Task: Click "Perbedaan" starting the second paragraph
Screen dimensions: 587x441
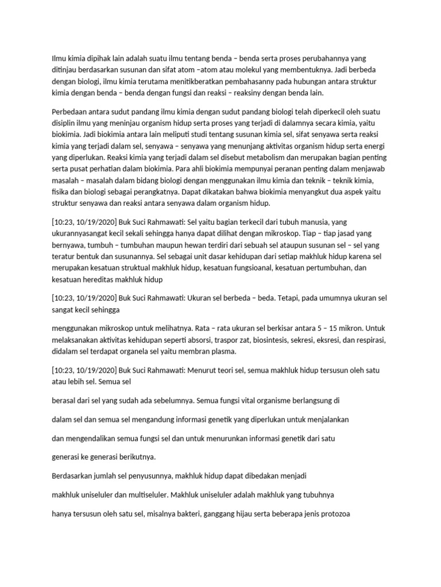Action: [x=71, y=111]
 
